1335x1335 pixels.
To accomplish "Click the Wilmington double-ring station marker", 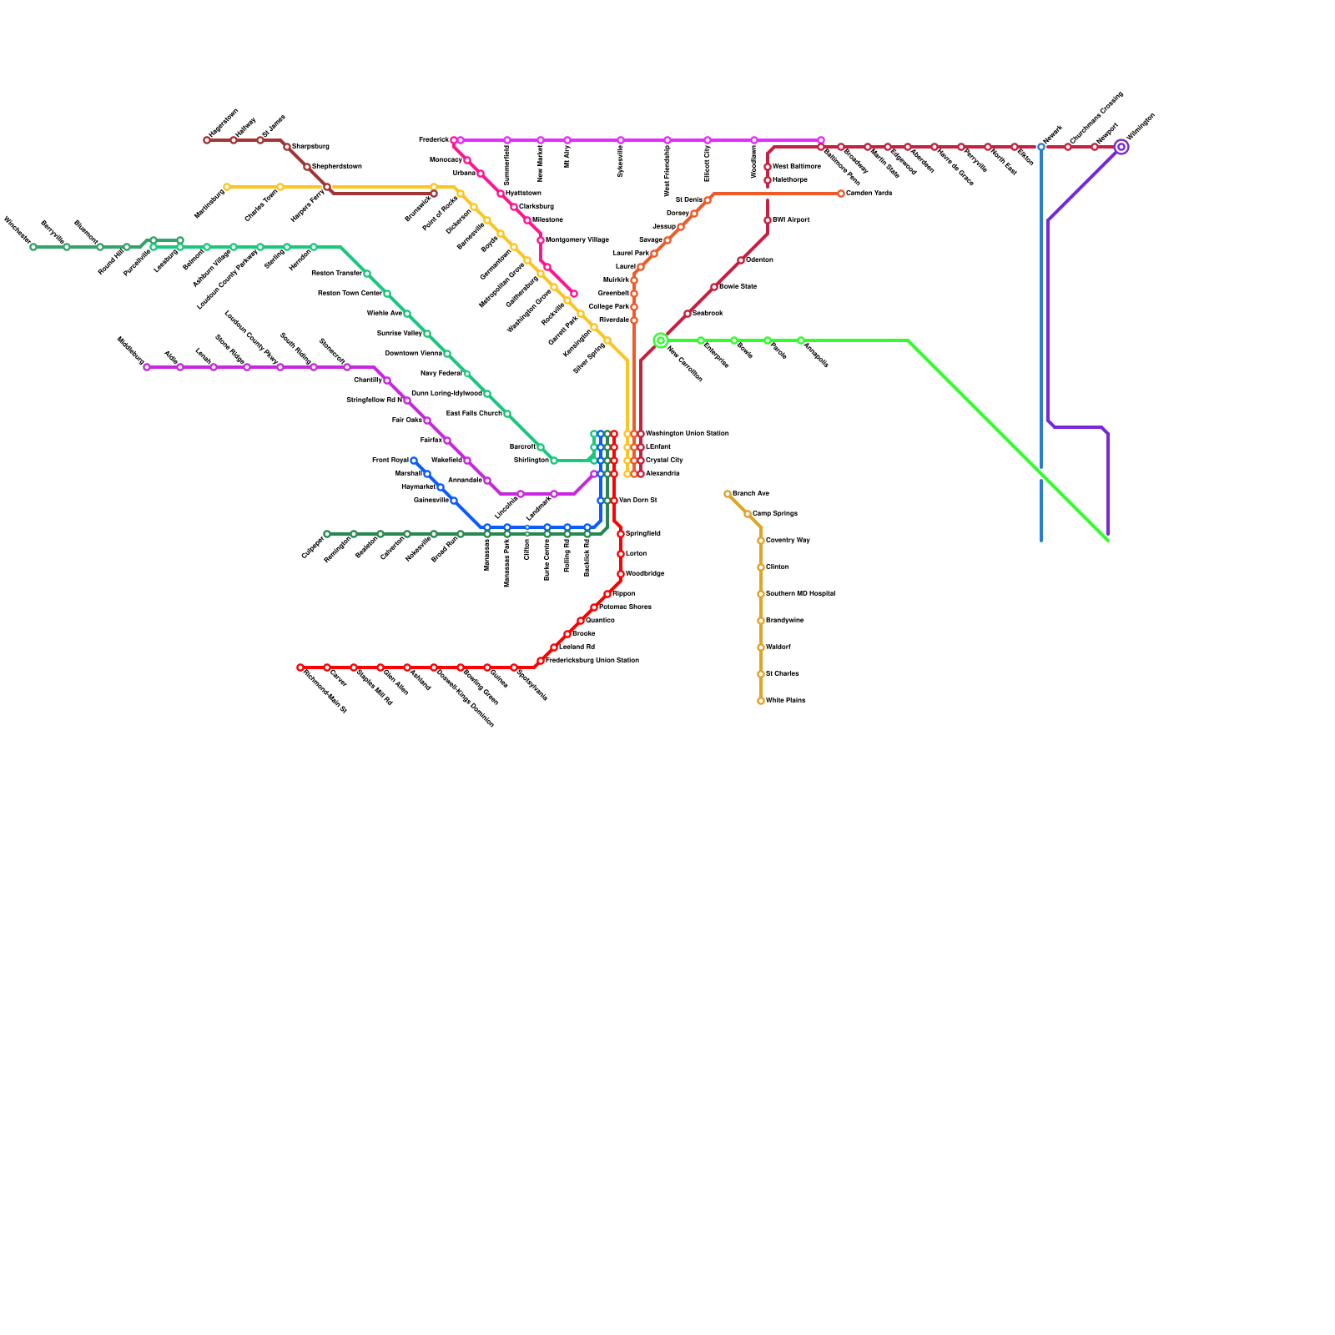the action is coord(1121,147).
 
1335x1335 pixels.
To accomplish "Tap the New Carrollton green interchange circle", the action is coord(661,340).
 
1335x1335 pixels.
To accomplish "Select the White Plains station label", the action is coord(785,701).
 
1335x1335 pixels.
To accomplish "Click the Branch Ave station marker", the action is coord(728,494).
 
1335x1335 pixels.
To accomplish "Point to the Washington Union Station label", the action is coord(687,434).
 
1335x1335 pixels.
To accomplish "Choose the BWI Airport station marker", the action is coord(768,220).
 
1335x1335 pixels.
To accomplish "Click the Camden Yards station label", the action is coord(869,194).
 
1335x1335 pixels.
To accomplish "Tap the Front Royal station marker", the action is coord(414,461).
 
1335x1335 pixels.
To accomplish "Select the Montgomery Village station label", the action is coord(577,240).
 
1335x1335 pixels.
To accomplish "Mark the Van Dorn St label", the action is coord(637,501).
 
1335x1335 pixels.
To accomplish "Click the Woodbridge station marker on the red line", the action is coord(621,574).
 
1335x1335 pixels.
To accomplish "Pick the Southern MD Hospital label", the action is coord(800,594).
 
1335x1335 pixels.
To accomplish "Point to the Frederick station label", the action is coord(433,140).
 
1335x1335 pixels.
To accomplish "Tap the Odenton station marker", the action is coord(741,260).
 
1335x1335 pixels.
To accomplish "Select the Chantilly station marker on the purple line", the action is coord(387,380).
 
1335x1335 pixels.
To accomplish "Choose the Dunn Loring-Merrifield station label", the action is coord(446,394).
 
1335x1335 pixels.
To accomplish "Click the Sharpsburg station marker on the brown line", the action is coord(287,147).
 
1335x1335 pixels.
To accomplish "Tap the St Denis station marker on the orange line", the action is coord(708,200).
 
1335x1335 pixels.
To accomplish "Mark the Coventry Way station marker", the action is coord(761,541).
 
